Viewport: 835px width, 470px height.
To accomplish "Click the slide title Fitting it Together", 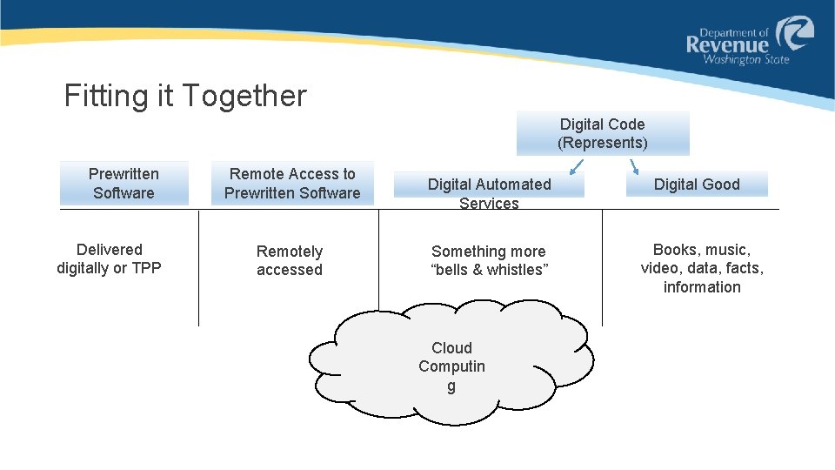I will (185, 96).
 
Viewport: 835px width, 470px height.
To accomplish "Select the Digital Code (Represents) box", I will (603, 133).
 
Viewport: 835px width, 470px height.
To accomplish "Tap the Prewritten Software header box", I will (124, 184).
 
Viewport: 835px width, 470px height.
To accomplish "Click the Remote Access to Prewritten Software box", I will (292, 184).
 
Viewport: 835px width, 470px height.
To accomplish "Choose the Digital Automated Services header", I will (489, 185).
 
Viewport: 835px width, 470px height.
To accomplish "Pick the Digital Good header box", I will (697, 184).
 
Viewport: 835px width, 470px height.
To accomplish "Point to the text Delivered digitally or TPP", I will (109, 258).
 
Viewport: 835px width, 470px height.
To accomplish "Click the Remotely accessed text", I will (290, 260).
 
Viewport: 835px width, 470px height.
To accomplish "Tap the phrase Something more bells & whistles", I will (489, 260).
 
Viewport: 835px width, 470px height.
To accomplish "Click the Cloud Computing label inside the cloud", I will (451, 366).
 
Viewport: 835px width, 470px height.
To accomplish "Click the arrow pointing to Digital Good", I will (634, 167).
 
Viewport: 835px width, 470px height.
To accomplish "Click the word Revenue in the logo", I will (728, 44).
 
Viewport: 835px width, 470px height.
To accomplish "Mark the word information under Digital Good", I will (702, 287).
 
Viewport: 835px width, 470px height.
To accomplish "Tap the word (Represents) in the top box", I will (603, 143).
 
